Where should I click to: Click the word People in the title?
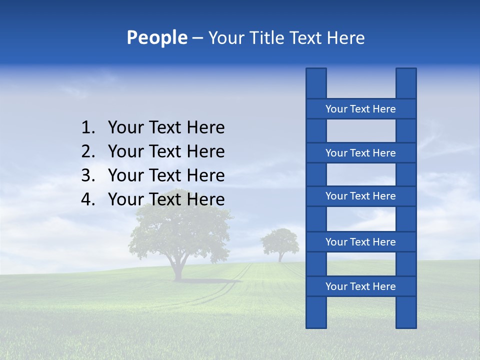point(156,37)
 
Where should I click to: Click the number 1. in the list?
point(88,128)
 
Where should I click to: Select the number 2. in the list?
point(88,151)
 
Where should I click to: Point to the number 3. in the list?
point(88,175)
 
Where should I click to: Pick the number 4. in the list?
point(88,199)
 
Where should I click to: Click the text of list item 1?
point(166,128)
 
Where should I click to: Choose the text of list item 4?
point(166,199)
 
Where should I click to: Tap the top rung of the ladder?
point(360,109)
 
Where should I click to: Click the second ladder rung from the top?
point(360,153)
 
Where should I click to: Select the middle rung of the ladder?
point(360,196)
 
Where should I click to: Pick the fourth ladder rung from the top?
point(360,242)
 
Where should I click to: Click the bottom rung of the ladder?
point(360,286)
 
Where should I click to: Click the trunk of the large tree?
point(178,267)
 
